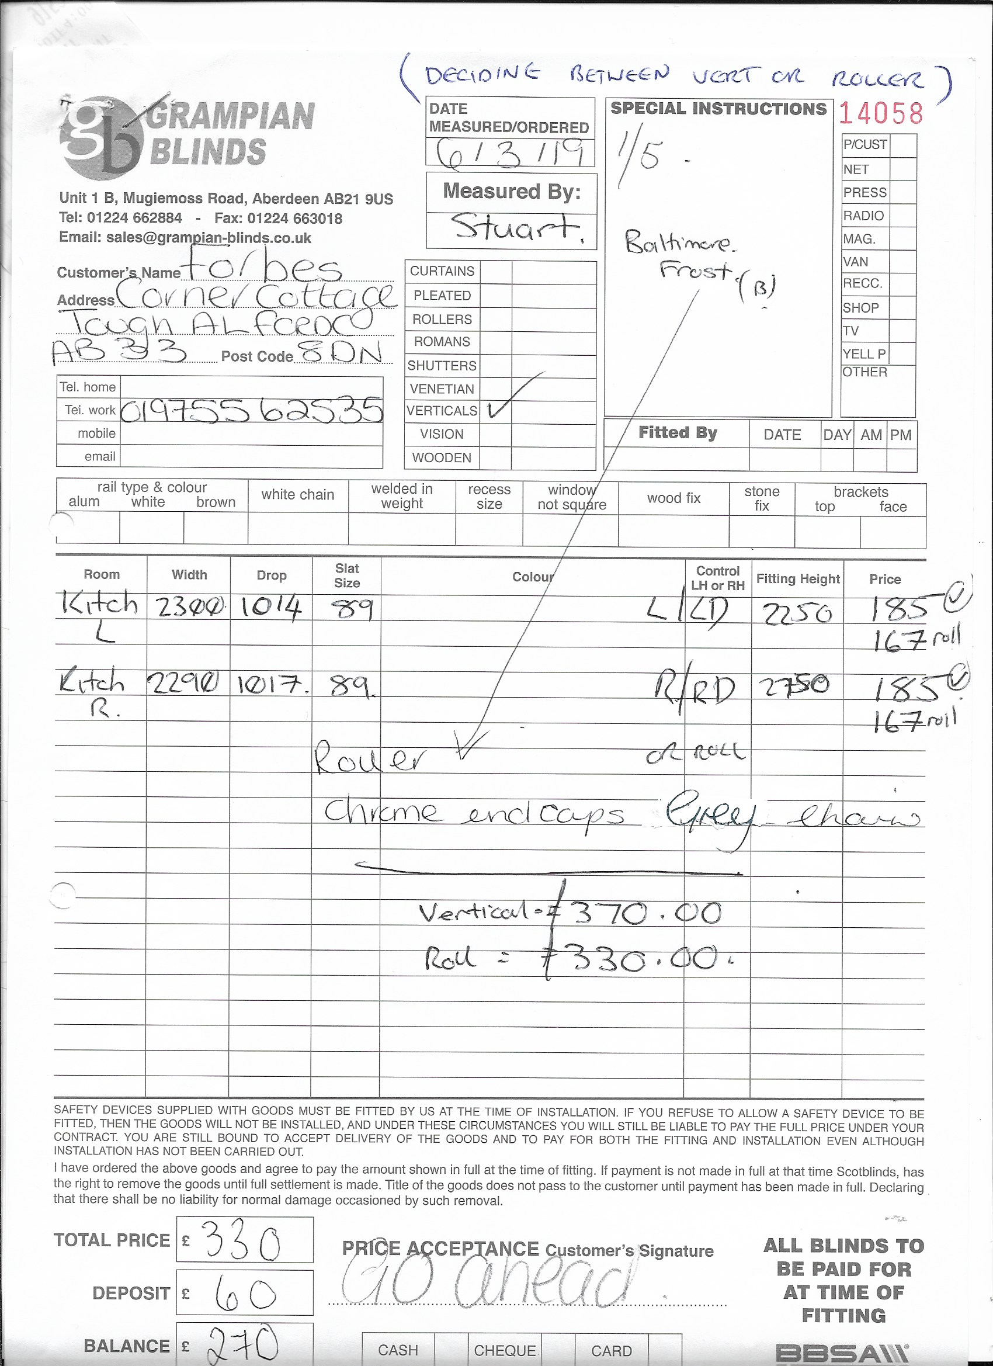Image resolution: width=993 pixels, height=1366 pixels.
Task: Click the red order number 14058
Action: (880, 113)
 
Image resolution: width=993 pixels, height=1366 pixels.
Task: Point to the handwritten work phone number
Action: (252, 410)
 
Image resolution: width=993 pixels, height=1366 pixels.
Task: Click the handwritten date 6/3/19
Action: (509, 153)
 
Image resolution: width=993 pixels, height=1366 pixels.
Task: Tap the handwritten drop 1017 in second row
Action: (270, 685)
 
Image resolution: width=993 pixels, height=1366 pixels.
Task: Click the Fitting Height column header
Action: (797, 579)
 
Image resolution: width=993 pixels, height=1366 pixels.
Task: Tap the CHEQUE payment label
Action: (505, 1350)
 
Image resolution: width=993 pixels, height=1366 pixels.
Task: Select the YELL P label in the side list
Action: (864, 353)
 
